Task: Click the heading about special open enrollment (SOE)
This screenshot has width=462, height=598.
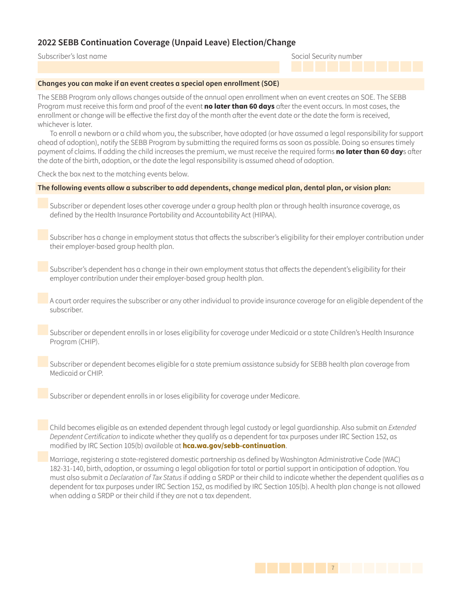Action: pyautogui.click(x=158, y=83)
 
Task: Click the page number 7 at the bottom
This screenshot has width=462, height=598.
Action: pyautogui.click(x=332, y=567)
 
